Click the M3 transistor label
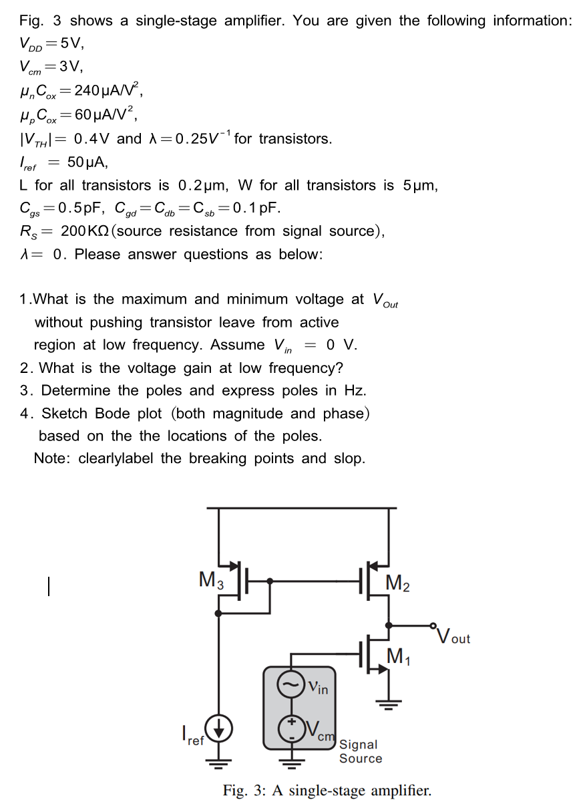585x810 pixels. pos(211,579)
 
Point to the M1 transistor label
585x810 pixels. pos(399,658)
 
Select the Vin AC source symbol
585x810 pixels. pos(290,686)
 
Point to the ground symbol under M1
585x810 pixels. pos(389,703)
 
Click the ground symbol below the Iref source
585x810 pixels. pos(219,761)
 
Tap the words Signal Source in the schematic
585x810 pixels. pos(361,751)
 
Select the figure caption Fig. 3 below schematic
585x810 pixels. pos(327,791)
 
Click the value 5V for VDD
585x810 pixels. pos(71,44)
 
